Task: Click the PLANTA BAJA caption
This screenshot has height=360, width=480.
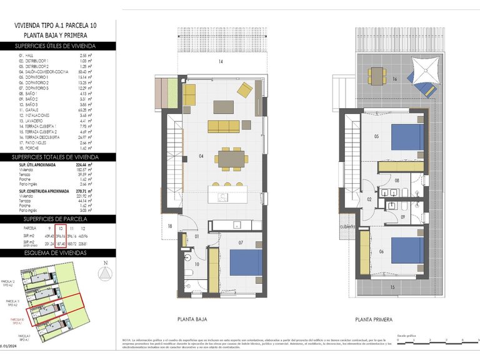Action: (x=192, y=319)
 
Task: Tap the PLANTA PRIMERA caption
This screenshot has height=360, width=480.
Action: (x=374, y=319)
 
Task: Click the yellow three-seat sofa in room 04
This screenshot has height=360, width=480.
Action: (x=223, y=127)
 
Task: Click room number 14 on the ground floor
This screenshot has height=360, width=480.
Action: (x=221, y=62)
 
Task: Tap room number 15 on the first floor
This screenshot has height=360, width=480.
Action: (x=392, y=287)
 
